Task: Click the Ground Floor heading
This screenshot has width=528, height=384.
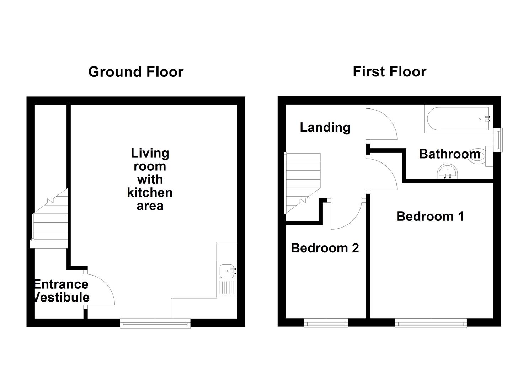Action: coord(135,72)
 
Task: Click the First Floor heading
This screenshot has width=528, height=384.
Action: coord(389,72)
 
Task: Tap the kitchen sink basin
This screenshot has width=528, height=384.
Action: coord(226,271)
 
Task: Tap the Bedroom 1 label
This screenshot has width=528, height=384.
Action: coord(430,216)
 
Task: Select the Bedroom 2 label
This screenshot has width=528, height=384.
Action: coord(325,248)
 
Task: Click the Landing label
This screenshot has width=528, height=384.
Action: coord(325,127)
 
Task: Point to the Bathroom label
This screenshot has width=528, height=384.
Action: coord(449,154)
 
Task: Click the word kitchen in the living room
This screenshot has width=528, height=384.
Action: coord(150,193)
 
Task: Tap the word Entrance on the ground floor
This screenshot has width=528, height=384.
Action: coord(61,284)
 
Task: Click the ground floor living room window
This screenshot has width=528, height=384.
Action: coord(155,323)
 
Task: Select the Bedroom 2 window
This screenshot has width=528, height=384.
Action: coord(326,323)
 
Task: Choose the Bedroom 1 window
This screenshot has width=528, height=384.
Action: coord(431,323)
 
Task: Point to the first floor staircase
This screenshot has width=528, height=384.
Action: coord(302,181)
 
